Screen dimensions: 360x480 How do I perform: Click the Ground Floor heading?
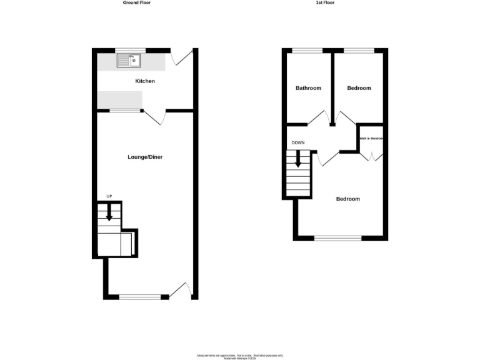click(x=136, y=2)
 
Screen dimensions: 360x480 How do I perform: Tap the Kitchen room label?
click(x=145, y=81)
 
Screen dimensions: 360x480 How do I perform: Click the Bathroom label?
click(x=308, y=88)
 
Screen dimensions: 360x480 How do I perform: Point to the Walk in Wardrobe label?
click(x=371, y=138)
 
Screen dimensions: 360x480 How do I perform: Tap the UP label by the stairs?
click(x=109, y=197)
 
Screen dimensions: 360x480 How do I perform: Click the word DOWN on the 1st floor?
click(x=298, y=143)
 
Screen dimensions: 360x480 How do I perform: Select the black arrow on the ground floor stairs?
click(x=109, y=213)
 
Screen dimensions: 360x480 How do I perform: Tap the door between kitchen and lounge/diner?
click(x=156, y=116)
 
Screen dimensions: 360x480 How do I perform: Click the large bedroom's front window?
click(x=338, y=237)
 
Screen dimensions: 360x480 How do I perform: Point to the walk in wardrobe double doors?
click(x=371, y=155)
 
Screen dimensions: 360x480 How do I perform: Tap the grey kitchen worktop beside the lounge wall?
click(x=120, y=99)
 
